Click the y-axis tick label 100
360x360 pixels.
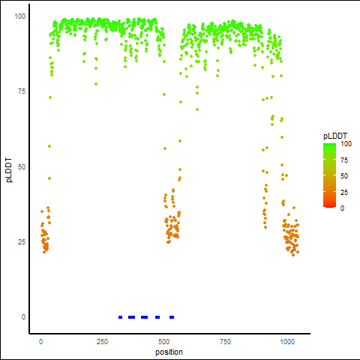pyautogui.click(x=20, y=16)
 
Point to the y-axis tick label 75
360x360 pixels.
pyautogui.click(x=22, y=91)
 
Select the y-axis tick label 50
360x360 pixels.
pyautogui.click(x=22, y=166)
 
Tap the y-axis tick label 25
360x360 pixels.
pyautogui.click(x=22, y=241)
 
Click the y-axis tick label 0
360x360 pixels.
pyautogui.click(x=23, y=317)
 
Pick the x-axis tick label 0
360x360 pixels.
pyautogui.click(x=40, y=341)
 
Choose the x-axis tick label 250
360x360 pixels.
pyautogui.click(x=102, y=341)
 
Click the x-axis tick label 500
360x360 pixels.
pyautogui.click(x=163, y=341)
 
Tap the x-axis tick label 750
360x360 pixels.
pyautogui.click(x=225, y=341)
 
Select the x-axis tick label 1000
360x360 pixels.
pyautogui.click(x=287, y=341)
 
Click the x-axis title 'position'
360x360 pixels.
pyautogui.click(x=169, y=352)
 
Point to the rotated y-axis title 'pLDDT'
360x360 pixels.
pyautogui.click(x=9, y=170)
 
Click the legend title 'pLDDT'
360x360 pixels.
pyautogui.click(x=335, y=136)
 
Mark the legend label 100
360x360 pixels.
pyautogui.click(x=346, y=144)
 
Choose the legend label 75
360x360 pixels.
pyautogui.click(x=344, y=160)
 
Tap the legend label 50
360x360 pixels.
pyautogui.click(x=344, y=176)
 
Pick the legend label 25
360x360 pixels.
pyautogui.click(x=344, y=192)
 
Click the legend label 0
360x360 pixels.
pyautogui.click(x=342, y=208)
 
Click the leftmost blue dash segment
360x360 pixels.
pyautogui.click(x=120, y=317)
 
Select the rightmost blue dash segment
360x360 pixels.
pyautogui.click(x=172, y=317)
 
